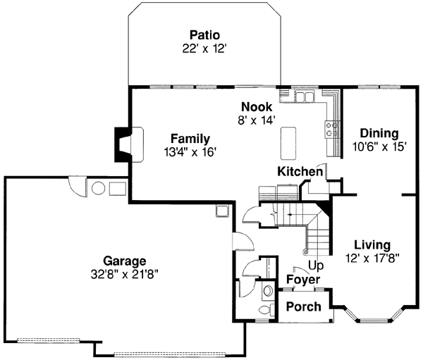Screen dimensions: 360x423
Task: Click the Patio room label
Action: tap(204, 35)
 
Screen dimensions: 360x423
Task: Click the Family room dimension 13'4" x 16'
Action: tap(189, 151)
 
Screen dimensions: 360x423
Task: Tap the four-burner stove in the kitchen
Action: tap(331, 128)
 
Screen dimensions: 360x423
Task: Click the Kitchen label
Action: tap(300, 171)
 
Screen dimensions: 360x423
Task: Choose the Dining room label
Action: tap(379, 133)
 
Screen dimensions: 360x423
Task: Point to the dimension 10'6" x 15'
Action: tap(380, 147)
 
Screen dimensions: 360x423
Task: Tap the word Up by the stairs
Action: tap(317, 266)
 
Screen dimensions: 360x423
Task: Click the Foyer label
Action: tap(303, 280)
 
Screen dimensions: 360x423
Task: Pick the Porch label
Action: tap(303, 306)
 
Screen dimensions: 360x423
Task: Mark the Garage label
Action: tap(123, 260)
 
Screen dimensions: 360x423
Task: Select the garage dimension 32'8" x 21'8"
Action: tap(123, 273)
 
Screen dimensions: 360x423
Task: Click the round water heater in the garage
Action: tap(98, 189)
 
